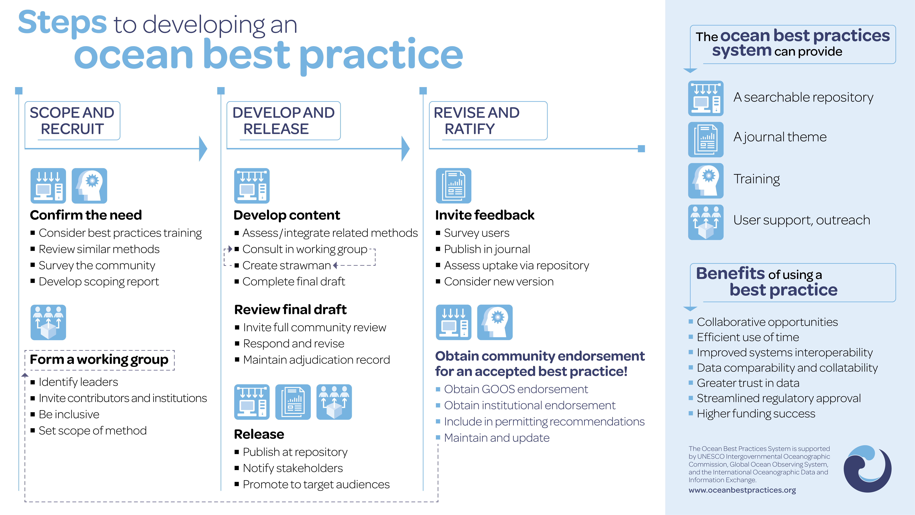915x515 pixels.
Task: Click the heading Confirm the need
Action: pyautogui.click(x=86, y=215)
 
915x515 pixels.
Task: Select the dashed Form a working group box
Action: pyautogui.click(x=99, y=360)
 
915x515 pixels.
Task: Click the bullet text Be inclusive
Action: pyautogui.click(x=69, y=414)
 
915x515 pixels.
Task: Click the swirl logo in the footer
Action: pyautogui.click(x=867, y=468)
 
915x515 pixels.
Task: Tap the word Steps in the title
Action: pyautogui.click(x=62, y=22)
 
